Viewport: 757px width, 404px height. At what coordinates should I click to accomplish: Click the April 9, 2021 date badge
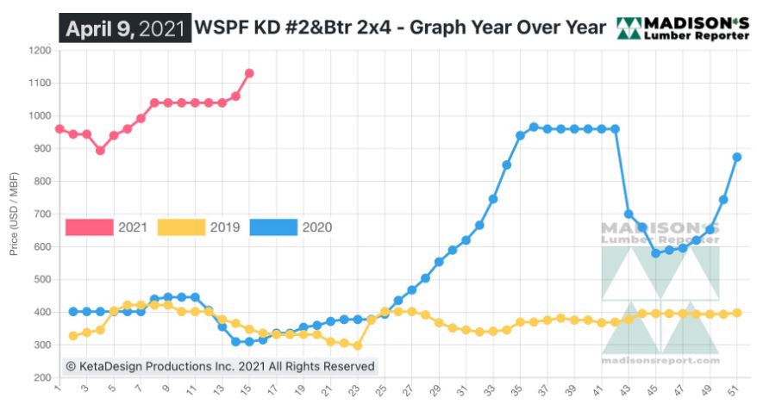click(125, 28)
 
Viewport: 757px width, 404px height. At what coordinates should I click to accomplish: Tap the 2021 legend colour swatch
click(90, 227)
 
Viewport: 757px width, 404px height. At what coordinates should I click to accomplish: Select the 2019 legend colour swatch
click(182, 227)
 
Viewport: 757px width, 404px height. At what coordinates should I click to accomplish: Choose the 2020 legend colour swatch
click(273, 227)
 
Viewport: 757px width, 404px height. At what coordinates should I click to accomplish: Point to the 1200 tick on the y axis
click(40, 51)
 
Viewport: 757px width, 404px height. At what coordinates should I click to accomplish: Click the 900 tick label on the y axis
click(40, 149)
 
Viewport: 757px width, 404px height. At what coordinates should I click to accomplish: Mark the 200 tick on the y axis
click(40, 378)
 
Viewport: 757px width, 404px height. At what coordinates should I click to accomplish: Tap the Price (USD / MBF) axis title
click(15, 214)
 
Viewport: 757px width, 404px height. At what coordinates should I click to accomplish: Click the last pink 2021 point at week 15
click(249, 73)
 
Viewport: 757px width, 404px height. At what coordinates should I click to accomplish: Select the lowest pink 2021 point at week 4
click(100, 150)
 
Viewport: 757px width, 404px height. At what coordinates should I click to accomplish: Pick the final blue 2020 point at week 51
click(737, 157)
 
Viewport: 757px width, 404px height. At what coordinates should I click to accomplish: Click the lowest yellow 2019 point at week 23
click(357, 345)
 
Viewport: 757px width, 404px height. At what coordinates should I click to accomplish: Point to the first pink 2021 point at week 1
click(59, 129)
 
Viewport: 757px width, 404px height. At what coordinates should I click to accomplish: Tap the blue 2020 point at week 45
click(656, 253)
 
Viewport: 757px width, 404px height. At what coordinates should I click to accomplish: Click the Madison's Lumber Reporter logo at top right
click(682, 28)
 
